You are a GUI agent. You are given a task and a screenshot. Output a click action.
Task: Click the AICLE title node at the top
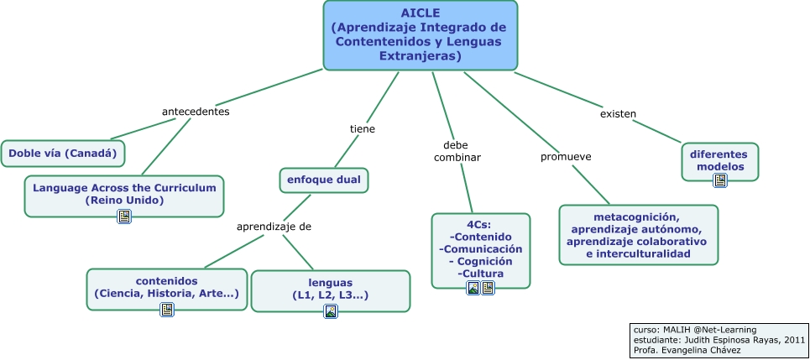(420, 35)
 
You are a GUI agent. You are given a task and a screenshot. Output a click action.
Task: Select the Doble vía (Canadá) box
(64, 154)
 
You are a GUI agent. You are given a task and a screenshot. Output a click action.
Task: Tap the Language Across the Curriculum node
(124, 194)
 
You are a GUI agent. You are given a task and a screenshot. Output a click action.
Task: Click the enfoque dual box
(323, 180)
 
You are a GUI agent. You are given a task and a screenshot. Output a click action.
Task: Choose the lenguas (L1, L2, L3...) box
(331, 288)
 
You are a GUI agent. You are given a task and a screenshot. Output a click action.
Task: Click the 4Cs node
(481, 249)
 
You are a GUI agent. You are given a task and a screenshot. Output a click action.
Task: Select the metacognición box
(638, 234)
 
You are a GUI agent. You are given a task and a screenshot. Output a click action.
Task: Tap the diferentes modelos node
(719, 159)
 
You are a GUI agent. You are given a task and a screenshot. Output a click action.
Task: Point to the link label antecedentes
(196, 112)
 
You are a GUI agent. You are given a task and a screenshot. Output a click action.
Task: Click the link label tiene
(362, 129)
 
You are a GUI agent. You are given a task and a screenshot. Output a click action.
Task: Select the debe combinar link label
(457, 150)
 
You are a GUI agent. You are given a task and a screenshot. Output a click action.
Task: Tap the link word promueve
(566, 157)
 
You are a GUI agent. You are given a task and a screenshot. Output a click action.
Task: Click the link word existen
(618, 113)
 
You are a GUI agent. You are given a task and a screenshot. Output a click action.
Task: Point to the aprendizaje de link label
(274, 227)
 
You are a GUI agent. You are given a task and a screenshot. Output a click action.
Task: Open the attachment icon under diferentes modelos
(719, 180)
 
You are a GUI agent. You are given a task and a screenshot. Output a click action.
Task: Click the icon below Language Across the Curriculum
(124, 217)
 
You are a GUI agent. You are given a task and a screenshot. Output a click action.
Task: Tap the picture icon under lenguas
(331, 311)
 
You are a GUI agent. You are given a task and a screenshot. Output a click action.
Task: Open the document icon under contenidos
(167, 310)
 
